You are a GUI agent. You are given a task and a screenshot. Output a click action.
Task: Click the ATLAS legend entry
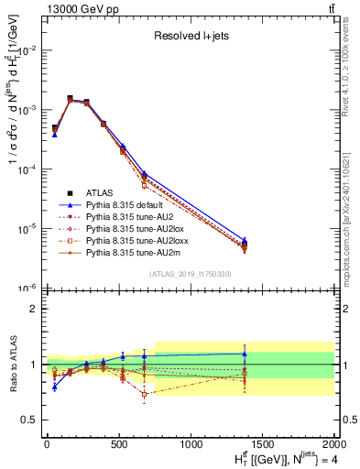(x=100, y=192)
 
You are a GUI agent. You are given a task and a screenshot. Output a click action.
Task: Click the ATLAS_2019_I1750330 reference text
(x=191, y=275)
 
